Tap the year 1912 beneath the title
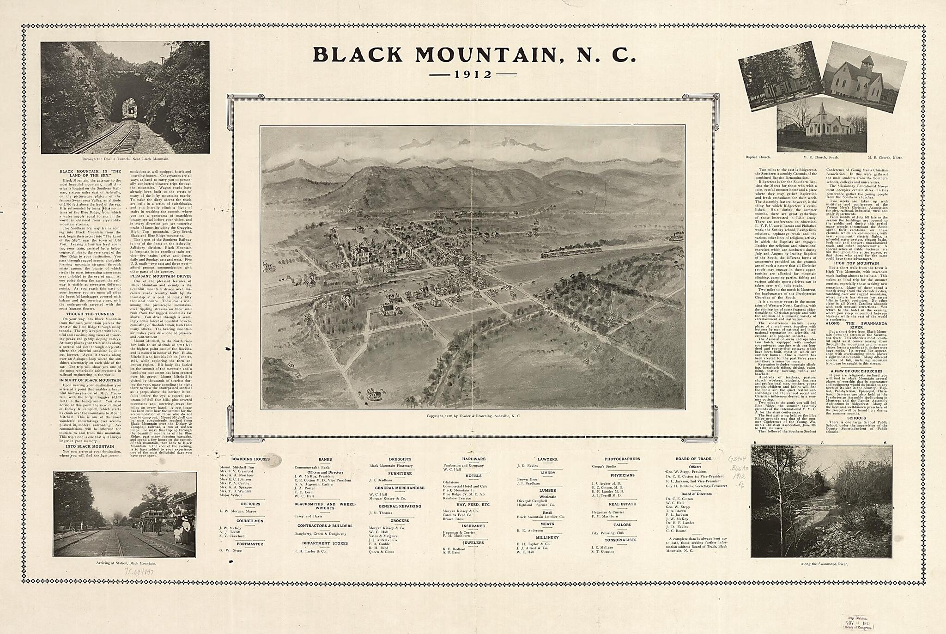(473, 74)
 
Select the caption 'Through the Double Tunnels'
(125, 159)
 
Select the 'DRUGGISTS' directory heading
(400, 459)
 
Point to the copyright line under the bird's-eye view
(473, 416)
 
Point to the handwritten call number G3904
(737, 459)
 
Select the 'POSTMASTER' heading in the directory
(250, 544)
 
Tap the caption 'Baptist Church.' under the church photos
(758, 158)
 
